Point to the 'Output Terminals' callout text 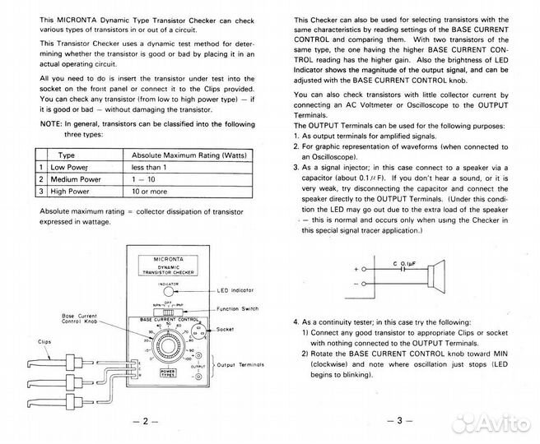pyautogui.click(x=244, y=364)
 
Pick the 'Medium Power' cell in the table pyautogui.click(x=77, y=178)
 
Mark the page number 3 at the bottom pyautogui.click(x=396, y=421)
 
